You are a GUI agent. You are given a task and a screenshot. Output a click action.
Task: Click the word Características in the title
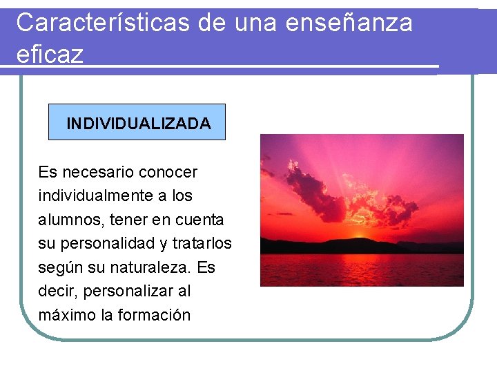pyautogui.click(x=103, y=23)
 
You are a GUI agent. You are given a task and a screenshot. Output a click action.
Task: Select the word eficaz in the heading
pyautogui.click(x=49, y=54)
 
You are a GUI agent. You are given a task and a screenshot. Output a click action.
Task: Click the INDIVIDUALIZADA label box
pyautogui.click(x=137, y=123)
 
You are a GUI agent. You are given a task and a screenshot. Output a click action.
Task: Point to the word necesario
pyautogui.click(x=99, y=172)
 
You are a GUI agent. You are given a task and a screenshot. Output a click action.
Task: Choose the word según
pyautogui.click(x=59, y=267)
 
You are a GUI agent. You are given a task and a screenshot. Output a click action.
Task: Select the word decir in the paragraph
pyautogui.click(x=55, y=291)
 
